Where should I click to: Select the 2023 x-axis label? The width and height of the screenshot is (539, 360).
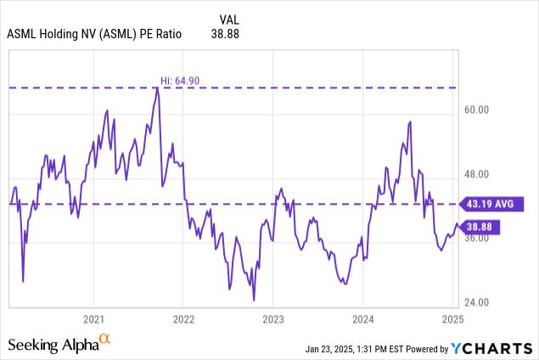coord(273,319)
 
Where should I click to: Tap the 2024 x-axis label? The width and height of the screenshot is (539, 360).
coord(362,319)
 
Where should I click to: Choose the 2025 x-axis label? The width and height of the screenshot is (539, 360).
coord(452,319)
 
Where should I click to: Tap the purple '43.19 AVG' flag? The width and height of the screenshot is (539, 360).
coord(492,204)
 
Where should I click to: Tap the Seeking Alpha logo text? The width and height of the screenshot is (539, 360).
coord(53,345)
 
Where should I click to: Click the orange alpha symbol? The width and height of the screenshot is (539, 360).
coord(105,340)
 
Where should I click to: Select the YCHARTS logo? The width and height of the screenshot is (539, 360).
coord(490,348)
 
